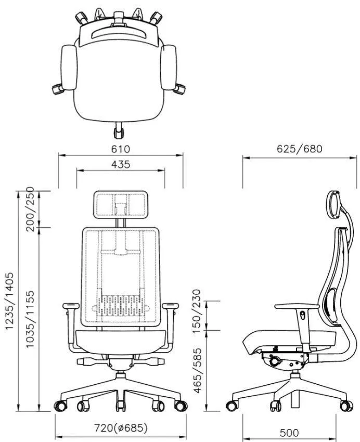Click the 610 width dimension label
click(121, 149)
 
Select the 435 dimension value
click(121, 164)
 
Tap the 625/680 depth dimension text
click(299, 149)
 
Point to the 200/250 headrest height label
click(30, 209)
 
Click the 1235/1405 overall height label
click(9, 301)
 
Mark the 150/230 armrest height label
click(198, 310)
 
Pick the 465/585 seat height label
click(198, 370)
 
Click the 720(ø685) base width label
click(121, 428)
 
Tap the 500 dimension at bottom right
click(289, 433)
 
